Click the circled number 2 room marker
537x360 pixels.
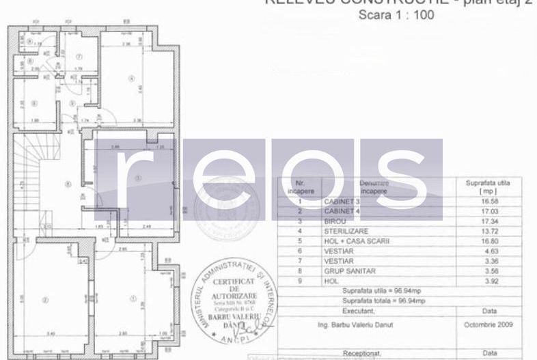(45, 299)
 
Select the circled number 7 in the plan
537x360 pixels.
(79, 57)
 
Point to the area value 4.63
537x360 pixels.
(483, 251)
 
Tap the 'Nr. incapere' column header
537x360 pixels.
(299, 187)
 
